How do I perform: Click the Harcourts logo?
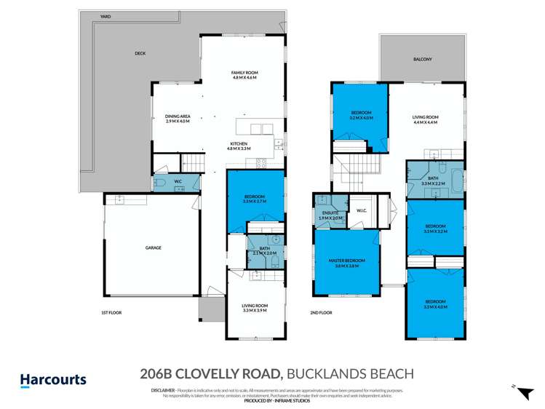coord(52,379)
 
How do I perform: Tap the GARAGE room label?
coord(153,247)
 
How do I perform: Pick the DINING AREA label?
coord(178,119)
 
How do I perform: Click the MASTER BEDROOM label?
coord(346,263)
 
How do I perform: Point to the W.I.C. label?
coord(361,212)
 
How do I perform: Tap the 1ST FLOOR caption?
coord(111,312)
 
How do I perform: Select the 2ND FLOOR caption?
coord(322,312)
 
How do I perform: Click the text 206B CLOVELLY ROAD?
coord(210,374)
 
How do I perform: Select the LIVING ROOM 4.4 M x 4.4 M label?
coord(425,119)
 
